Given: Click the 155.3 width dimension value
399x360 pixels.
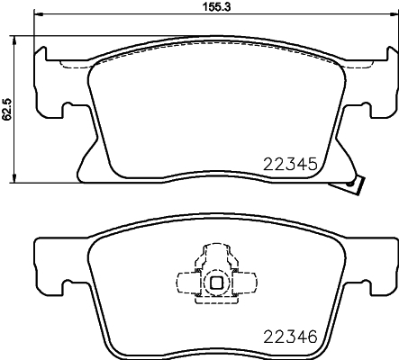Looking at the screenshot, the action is [217, 6].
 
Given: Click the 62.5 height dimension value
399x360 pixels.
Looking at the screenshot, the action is [6, 109].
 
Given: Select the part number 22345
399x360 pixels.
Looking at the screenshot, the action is [290, 164].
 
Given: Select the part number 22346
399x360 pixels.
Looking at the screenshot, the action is [290, 337].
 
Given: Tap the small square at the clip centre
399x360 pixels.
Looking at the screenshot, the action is [216, 282].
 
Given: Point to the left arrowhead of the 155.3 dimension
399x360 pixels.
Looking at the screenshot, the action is [39, 13].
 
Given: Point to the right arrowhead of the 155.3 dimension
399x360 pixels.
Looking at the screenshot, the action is [394, 13].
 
